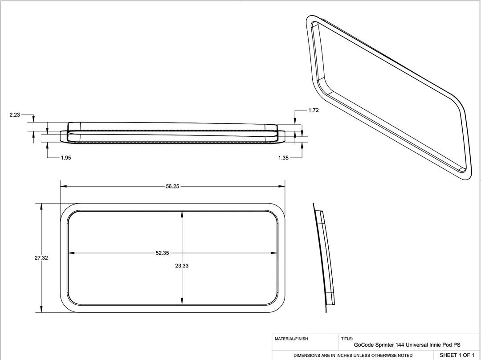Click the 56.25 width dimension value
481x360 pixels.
(x=172, y=187)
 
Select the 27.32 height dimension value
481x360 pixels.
(x=41, y=258)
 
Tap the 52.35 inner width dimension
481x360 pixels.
(x=162, y=253)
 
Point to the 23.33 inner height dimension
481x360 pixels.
(x=182, y=266)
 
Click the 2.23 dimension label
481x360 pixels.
(x=15, y=115)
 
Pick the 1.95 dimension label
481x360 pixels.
(x=66, y=158)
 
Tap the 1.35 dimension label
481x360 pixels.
(x=284, y=158)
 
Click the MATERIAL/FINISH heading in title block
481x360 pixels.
(x=291, y=339)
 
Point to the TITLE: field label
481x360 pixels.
(x=347, y=339)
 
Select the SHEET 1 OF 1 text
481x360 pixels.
(x=457, y=355)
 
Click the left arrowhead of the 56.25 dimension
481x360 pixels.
(x=63, y=186)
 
